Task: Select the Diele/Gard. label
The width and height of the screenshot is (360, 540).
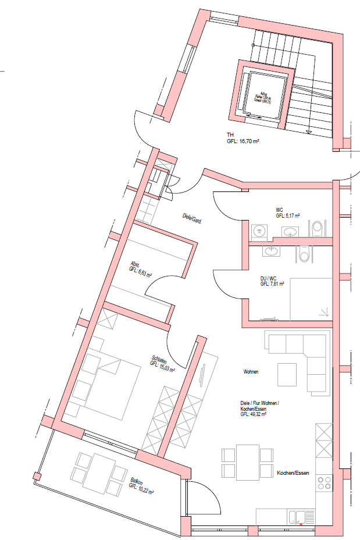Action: pyautogui.click(x=192, y=218)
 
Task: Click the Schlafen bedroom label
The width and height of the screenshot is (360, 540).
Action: pyautogui.click(x=158, y=359)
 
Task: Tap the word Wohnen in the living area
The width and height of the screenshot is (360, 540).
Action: pyautogui.click(x=251, y=371)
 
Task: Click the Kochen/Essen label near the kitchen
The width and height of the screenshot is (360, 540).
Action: pyautogui.click(x=293, y=473)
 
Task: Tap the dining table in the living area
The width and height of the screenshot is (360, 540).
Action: pyautogui.click(x=248, y=461)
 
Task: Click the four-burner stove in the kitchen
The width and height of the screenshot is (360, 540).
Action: pyautogui.click(x=324, y=484)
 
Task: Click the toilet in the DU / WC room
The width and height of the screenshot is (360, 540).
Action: pyautogui.click(x=304, y=254)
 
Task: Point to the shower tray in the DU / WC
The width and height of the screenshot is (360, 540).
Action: pyautogui.click(x=311, y=299)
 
